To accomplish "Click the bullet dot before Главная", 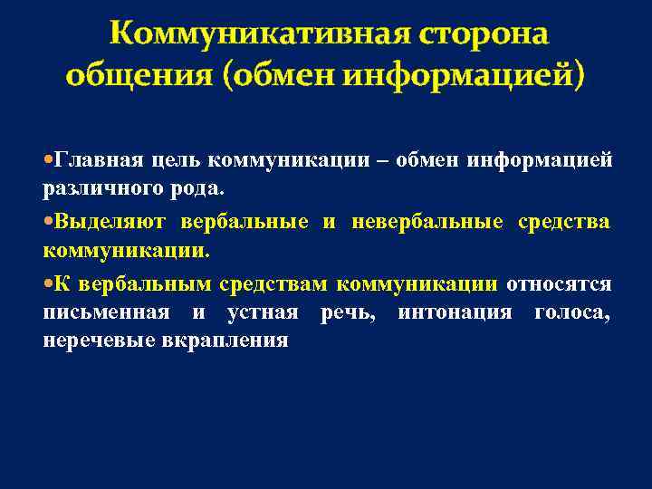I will point(48,160).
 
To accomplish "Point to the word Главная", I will point(98,161).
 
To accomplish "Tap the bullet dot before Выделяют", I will point(48,221).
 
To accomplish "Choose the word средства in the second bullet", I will point(563,222).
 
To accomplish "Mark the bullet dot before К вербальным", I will point(48,283).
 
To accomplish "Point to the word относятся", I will point(559,283).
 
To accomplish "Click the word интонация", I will point(446,312).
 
